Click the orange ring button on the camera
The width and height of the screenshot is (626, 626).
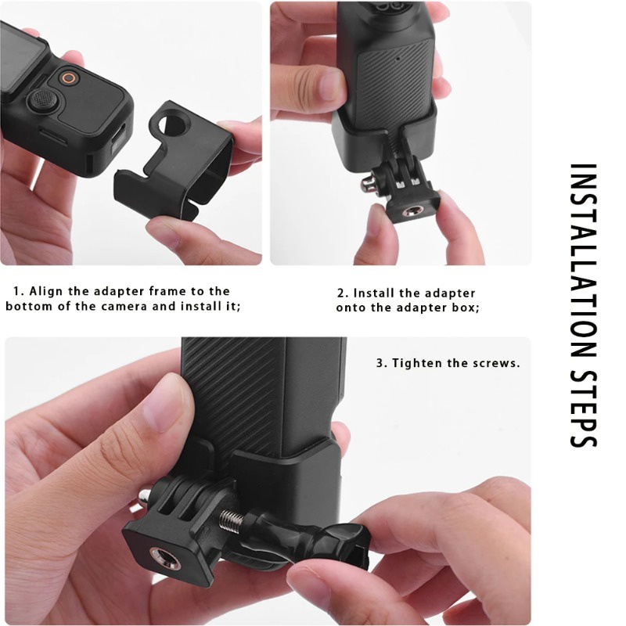coord(69,77)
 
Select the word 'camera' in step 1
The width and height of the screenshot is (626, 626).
coord(126,307)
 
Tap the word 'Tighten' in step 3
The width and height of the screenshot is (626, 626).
coord(417,363)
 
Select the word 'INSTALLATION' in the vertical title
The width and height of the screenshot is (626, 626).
coord(583,261)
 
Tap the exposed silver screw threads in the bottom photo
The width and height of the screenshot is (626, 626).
coord(231,520)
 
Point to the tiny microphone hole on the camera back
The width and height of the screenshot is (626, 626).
coord(398,57)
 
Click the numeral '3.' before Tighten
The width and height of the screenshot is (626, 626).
coord(382,363)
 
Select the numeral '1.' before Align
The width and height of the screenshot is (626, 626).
coord(18,291)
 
